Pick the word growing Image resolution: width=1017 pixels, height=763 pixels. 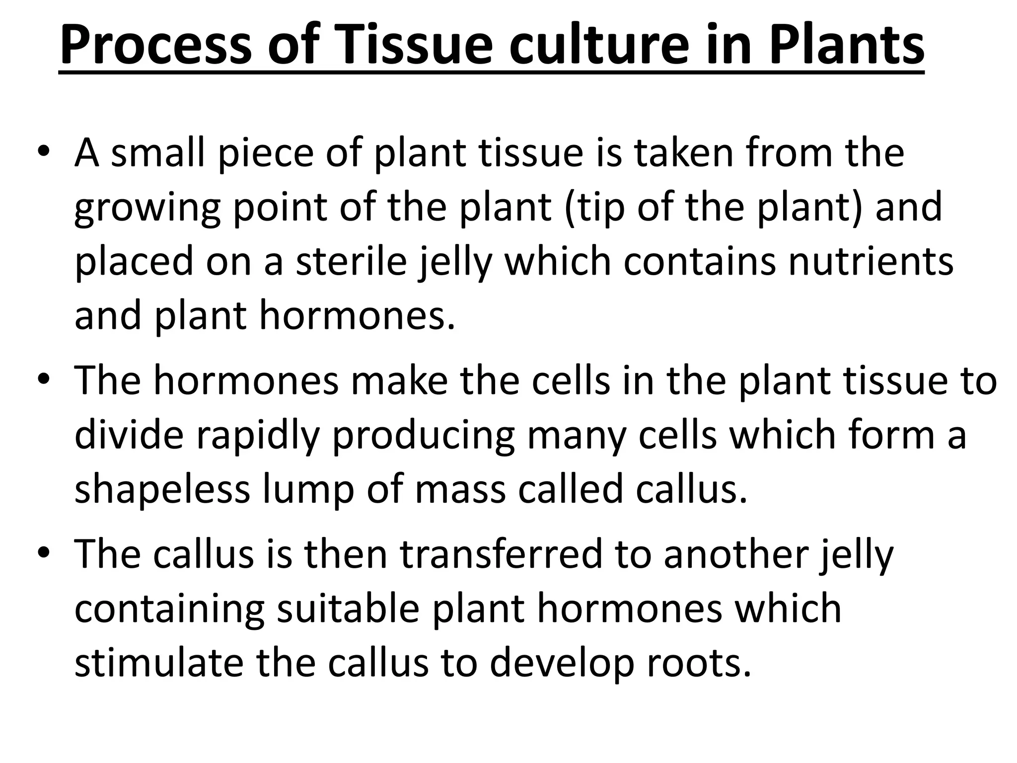point(147,208)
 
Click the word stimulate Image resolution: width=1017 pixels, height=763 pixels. point(159,664)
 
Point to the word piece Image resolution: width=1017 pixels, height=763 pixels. point(266,153)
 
